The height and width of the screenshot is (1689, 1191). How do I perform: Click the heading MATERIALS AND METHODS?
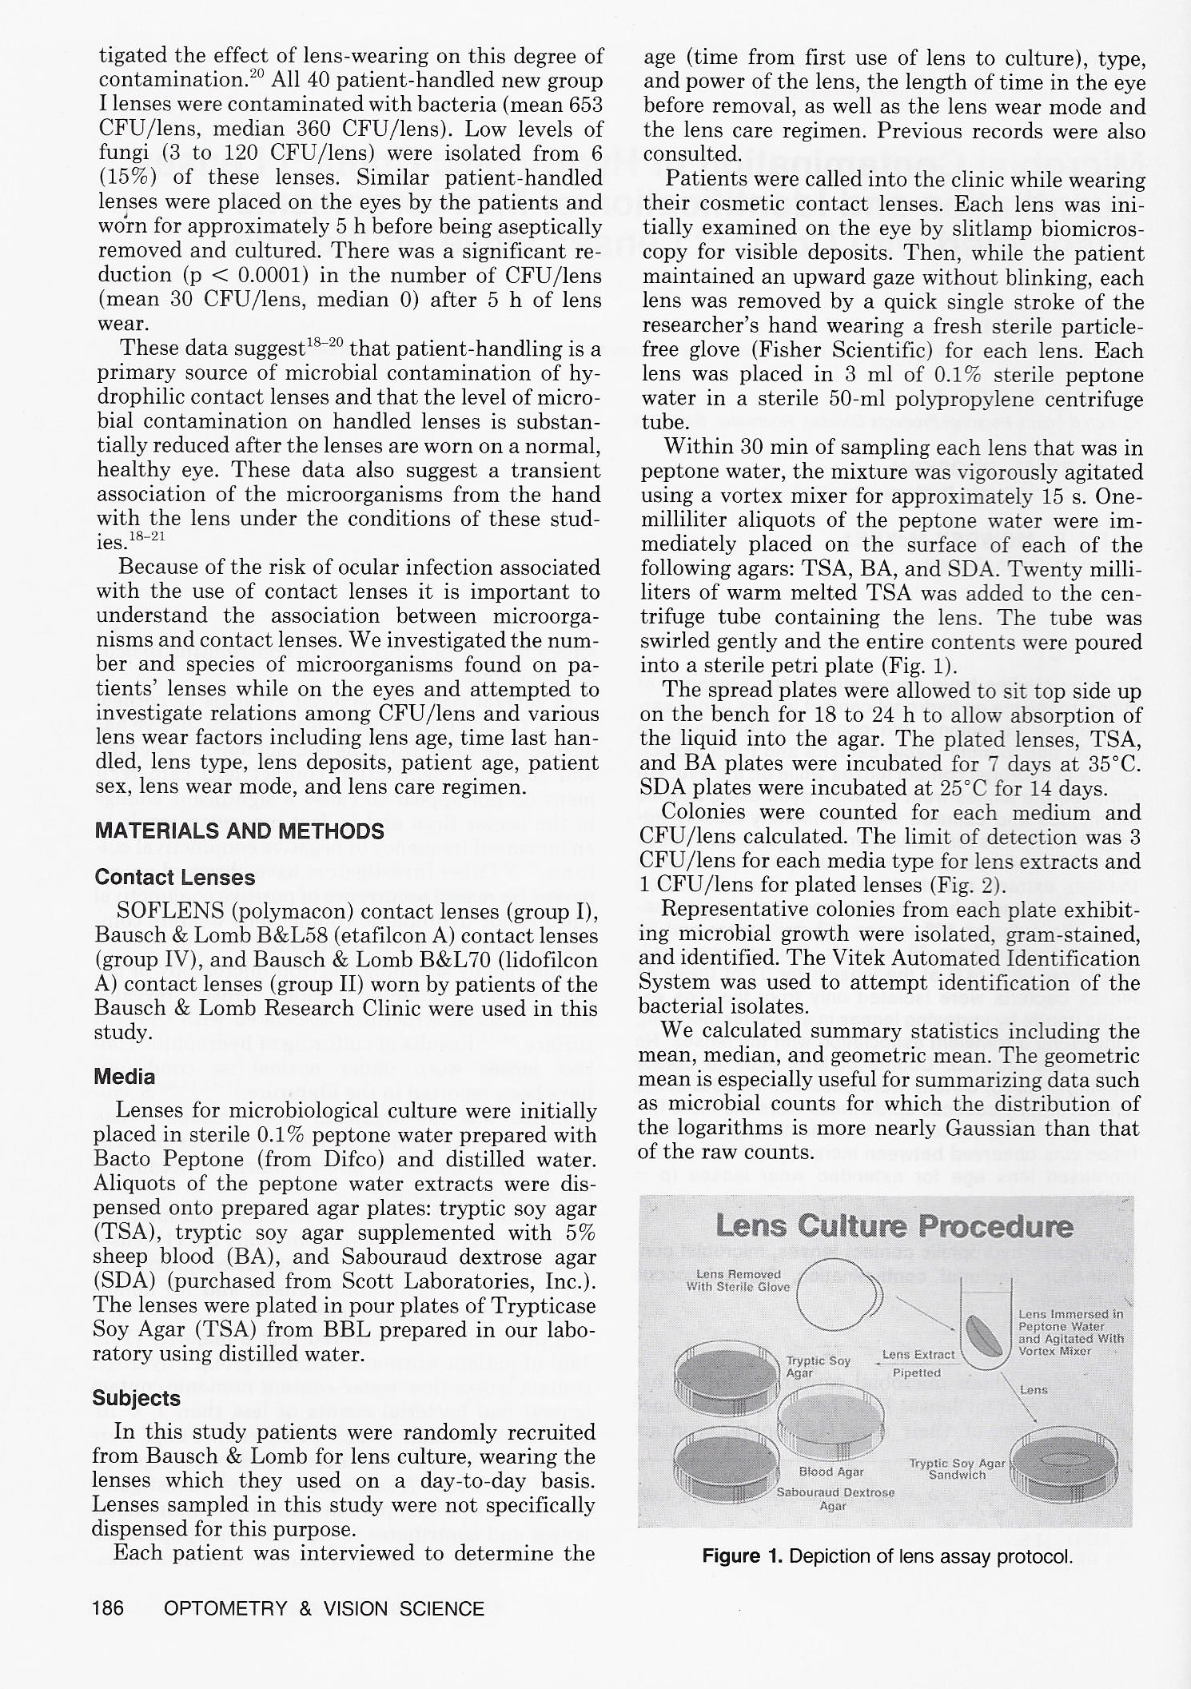coord(239,831)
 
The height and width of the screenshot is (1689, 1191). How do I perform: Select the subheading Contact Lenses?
coord(174,878)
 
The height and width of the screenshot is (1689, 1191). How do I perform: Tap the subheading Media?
coord(124,1077)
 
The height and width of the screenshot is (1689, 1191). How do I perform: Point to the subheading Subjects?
coord(136,1398)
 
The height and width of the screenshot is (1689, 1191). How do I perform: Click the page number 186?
coord(109,1608)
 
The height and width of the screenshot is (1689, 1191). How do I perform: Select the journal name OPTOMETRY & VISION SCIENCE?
coord(324,1608)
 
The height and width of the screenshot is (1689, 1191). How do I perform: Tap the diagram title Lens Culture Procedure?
coord(894,1226)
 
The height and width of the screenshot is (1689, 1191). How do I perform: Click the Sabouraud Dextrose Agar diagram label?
coord(835,1498)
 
